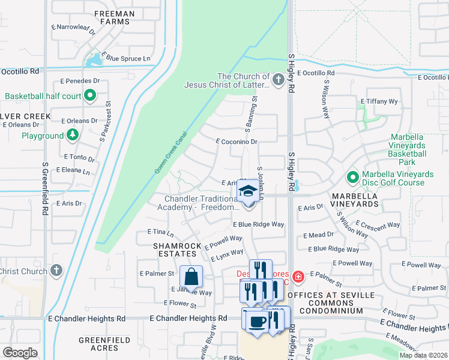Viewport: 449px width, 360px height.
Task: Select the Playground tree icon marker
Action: coord(73,135)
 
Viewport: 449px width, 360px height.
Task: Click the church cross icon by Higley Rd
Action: coord(277,80)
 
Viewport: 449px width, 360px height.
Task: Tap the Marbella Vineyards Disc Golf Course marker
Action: coord(352,178)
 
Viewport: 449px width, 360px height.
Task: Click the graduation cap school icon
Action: coord(248,192)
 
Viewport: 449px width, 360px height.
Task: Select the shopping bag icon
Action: coord(191,277)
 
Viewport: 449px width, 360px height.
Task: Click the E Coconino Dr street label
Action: coord(237,142)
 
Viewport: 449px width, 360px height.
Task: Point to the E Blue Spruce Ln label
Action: coord(126,58)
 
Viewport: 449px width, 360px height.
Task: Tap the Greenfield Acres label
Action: coord(104,344)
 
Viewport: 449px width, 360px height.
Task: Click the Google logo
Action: coord(19,353)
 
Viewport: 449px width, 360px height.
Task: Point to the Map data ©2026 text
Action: coord(423,355)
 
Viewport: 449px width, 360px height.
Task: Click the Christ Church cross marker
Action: coord(56,271)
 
